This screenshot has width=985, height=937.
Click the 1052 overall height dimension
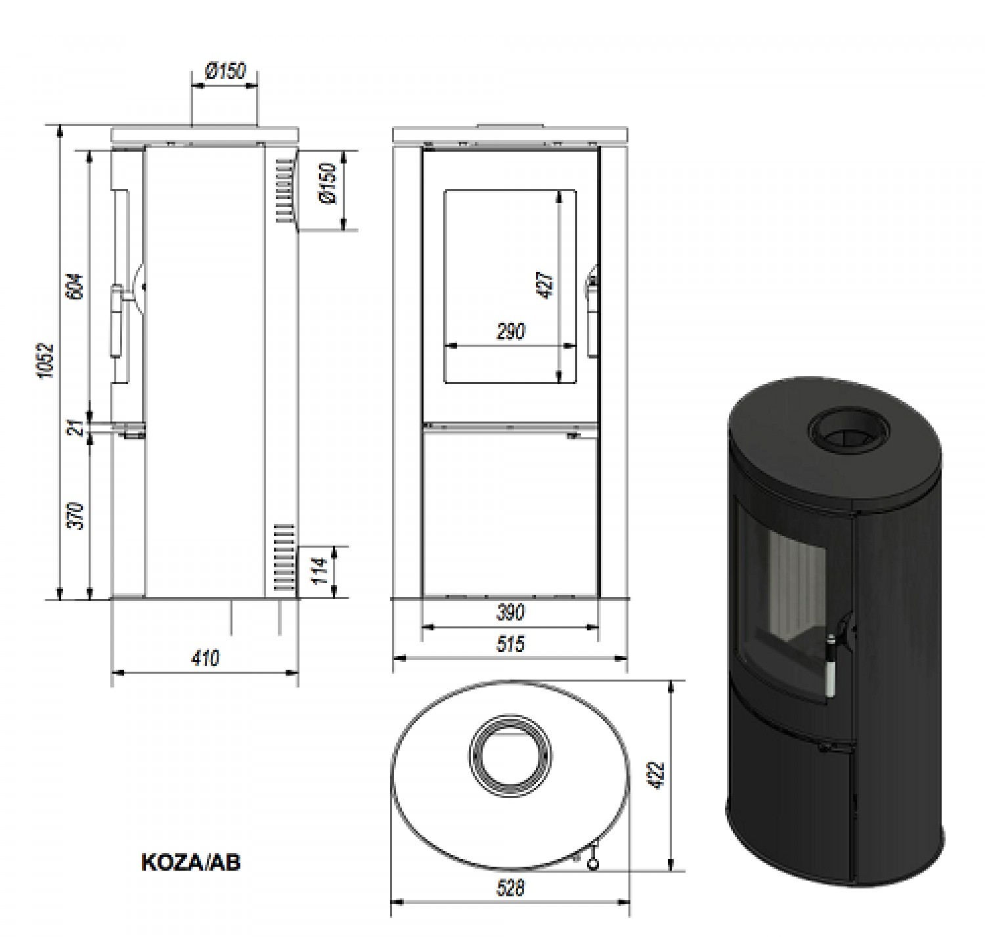47,360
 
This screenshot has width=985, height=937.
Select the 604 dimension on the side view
75,286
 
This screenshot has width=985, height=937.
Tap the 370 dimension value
77,516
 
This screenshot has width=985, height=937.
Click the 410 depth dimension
205,658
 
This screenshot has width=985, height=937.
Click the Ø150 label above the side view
226,71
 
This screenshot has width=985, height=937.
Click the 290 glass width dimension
511,331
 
